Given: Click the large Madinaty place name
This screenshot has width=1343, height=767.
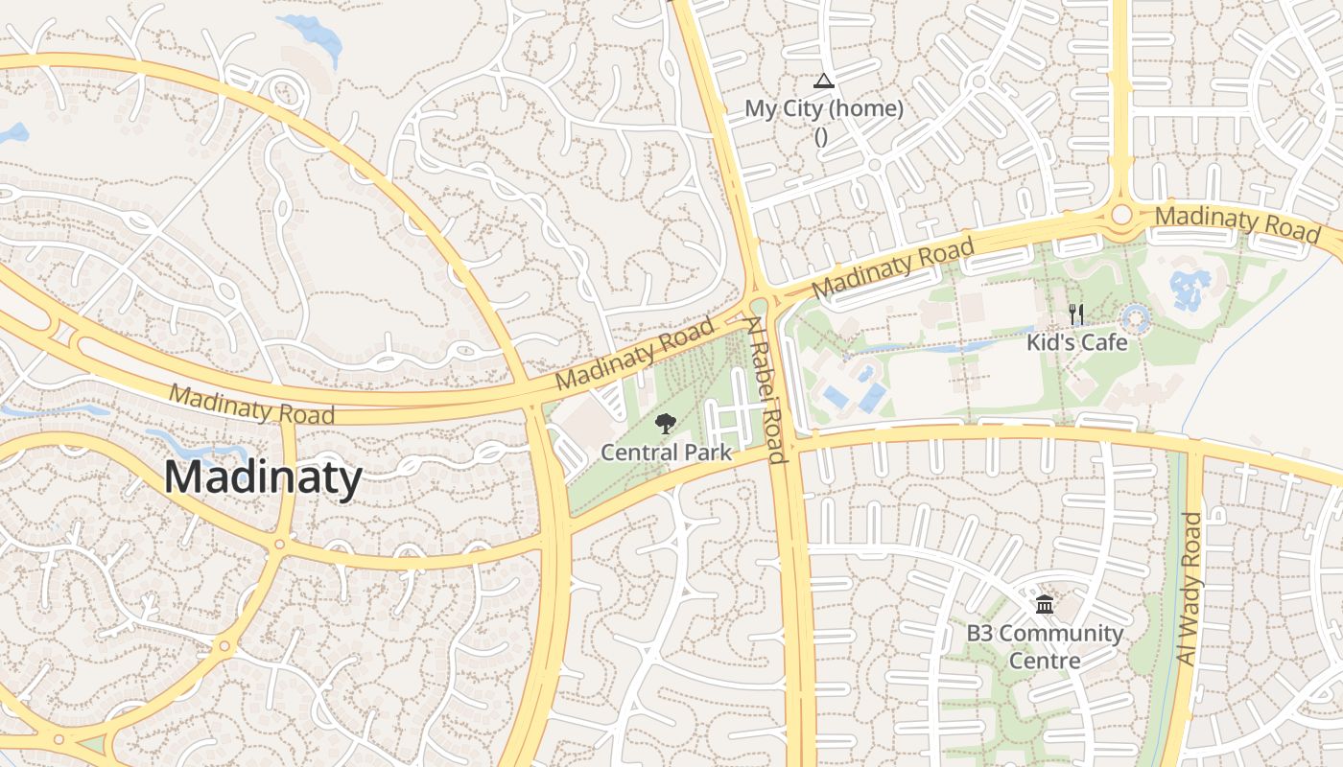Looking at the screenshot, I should pyautogui.click(x=263, y=477).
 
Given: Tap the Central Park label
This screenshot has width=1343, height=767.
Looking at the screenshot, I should pyautogui.click(x=666, y=452).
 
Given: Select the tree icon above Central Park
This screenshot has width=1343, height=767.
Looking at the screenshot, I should pyautogui.click(x=665, y=424).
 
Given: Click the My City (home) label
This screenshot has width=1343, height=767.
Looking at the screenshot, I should pyautogui.click(x=824, y=108).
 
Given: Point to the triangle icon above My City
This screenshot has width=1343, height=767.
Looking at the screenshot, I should pyautogui.click(x=822, y=81).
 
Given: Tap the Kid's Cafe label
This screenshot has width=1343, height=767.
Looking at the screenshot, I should pyautogui.click(x=1076, y=342).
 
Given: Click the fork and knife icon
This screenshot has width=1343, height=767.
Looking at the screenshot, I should pyautogui.click(x=1076, y=314).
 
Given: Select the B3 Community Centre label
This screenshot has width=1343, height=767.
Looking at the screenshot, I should pyautogui.click(x=1044, y=646).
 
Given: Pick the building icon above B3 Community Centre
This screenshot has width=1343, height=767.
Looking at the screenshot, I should pyautogui.click(x=1045, y=605).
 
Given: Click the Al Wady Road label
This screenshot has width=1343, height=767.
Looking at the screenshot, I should pyautogui.click(x=1188, y=590).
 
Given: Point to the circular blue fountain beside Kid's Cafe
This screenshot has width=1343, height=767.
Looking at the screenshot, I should pyautogui.click(x=1136, y=317).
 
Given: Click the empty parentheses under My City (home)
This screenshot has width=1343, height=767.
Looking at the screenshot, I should pyautogui.click(x=821, y=136).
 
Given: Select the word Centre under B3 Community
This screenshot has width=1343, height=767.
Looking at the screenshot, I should pyautogui.click(x=1044, y=661).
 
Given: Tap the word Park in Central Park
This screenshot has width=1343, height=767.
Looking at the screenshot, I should pyautogui.click(x=705, y=452).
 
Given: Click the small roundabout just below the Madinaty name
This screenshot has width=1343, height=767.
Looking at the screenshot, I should pyautogui.click(x=279, y=544).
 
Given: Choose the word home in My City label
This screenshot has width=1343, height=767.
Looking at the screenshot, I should pyautogui.click(x=867, y=108).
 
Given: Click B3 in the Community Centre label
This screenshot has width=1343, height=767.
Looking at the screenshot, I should pyautogui.click(x=978, y=633).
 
